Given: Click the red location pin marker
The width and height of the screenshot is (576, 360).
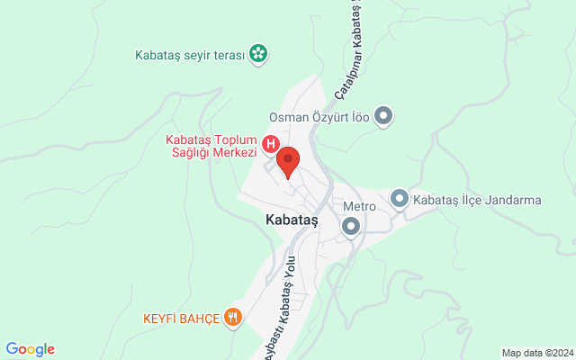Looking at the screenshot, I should coord(288,162).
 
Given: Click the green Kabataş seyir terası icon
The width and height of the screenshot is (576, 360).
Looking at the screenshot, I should coord(258,54).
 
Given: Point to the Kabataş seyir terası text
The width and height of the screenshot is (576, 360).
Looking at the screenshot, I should coord(190,55).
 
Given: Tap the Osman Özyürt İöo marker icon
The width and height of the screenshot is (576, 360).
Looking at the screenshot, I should coord(384,115).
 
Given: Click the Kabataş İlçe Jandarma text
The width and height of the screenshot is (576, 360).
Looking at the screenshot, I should coord(477,199).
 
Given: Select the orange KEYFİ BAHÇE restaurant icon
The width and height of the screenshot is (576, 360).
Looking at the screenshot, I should coord(233,316).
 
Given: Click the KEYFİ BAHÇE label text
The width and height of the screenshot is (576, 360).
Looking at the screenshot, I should coord(181,318).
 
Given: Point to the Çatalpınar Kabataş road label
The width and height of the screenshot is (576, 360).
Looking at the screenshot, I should coord(348,49).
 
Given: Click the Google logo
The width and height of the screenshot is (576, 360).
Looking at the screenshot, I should coord(30,349).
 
